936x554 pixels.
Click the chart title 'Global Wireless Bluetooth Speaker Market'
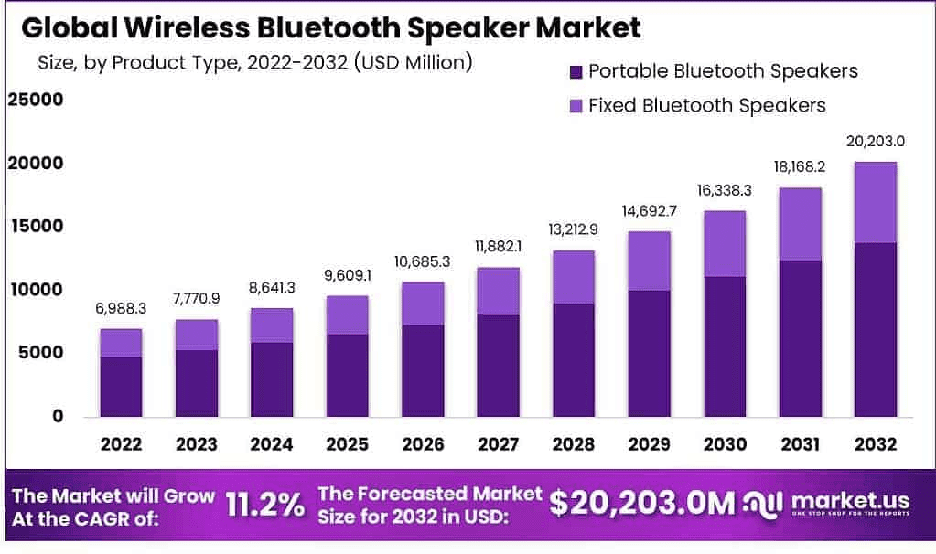[x=330, y=27]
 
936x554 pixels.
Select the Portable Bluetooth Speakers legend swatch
[x=575, y=71]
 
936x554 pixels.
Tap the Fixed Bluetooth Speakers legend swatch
[x=575, y=106]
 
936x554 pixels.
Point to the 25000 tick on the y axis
[x=35, y=99]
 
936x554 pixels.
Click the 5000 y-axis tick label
[x=40, y=353]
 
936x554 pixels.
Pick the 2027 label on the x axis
[x=498, y=445]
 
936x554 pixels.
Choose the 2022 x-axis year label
[x=122, y=445]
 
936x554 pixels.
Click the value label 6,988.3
[x=122, y=309]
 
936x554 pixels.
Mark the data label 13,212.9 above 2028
[x=573, y=229]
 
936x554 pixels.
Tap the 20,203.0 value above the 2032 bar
[x=875, y=141]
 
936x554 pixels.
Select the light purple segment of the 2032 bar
[x=875, y=202]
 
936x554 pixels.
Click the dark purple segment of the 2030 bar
[x=724, y=346]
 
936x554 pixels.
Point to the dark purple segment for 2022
[x=122, y=387]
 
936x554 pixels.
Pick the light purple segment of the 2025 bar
[x=347, y=314]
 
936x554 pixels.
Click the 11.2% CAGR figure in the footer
[x=265, y=504]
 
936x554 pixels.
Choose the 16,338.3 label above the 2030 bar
[x=724, y=190]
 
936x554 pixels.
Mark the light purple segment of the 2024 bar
[x=272, y=325]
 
